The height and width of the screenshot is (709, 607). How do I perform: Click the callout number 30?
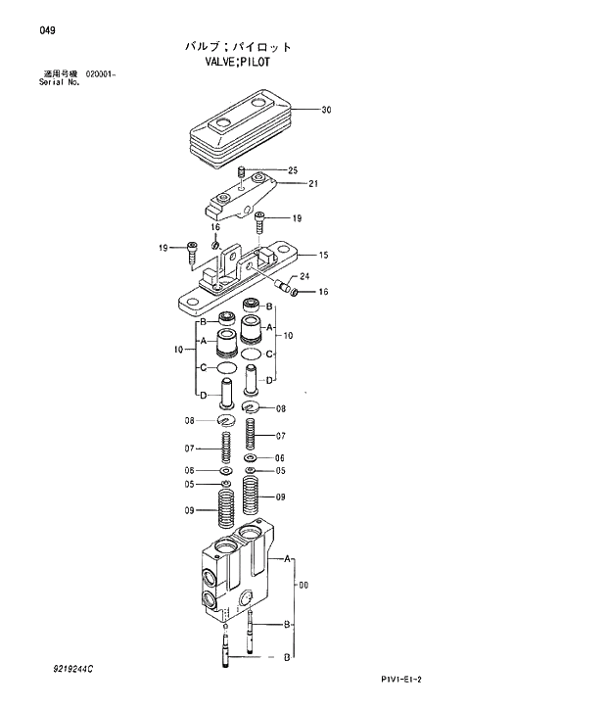[326, 111]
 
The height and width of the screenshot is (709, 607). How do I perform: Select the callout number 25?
[292, 170]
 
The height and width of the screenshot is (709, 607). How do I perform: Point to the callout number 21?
[313, 183]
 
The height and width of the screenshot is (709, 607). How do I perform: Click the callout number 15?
[323, 255]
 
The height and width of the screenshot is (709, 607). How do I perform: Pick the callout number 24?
[303, 277]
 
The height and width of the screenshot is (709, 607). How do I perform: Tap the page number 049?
[47, 30]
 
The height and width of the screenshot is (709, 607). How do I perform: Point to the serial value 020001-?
[101, 73]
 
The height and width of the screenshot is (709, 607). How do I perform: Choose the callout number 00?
[303, 585]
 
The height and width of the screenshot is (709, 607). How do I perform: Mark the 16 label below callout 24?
[323, 292]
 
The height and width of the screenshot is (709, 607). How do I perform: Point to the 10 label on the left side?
[178, 349]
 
